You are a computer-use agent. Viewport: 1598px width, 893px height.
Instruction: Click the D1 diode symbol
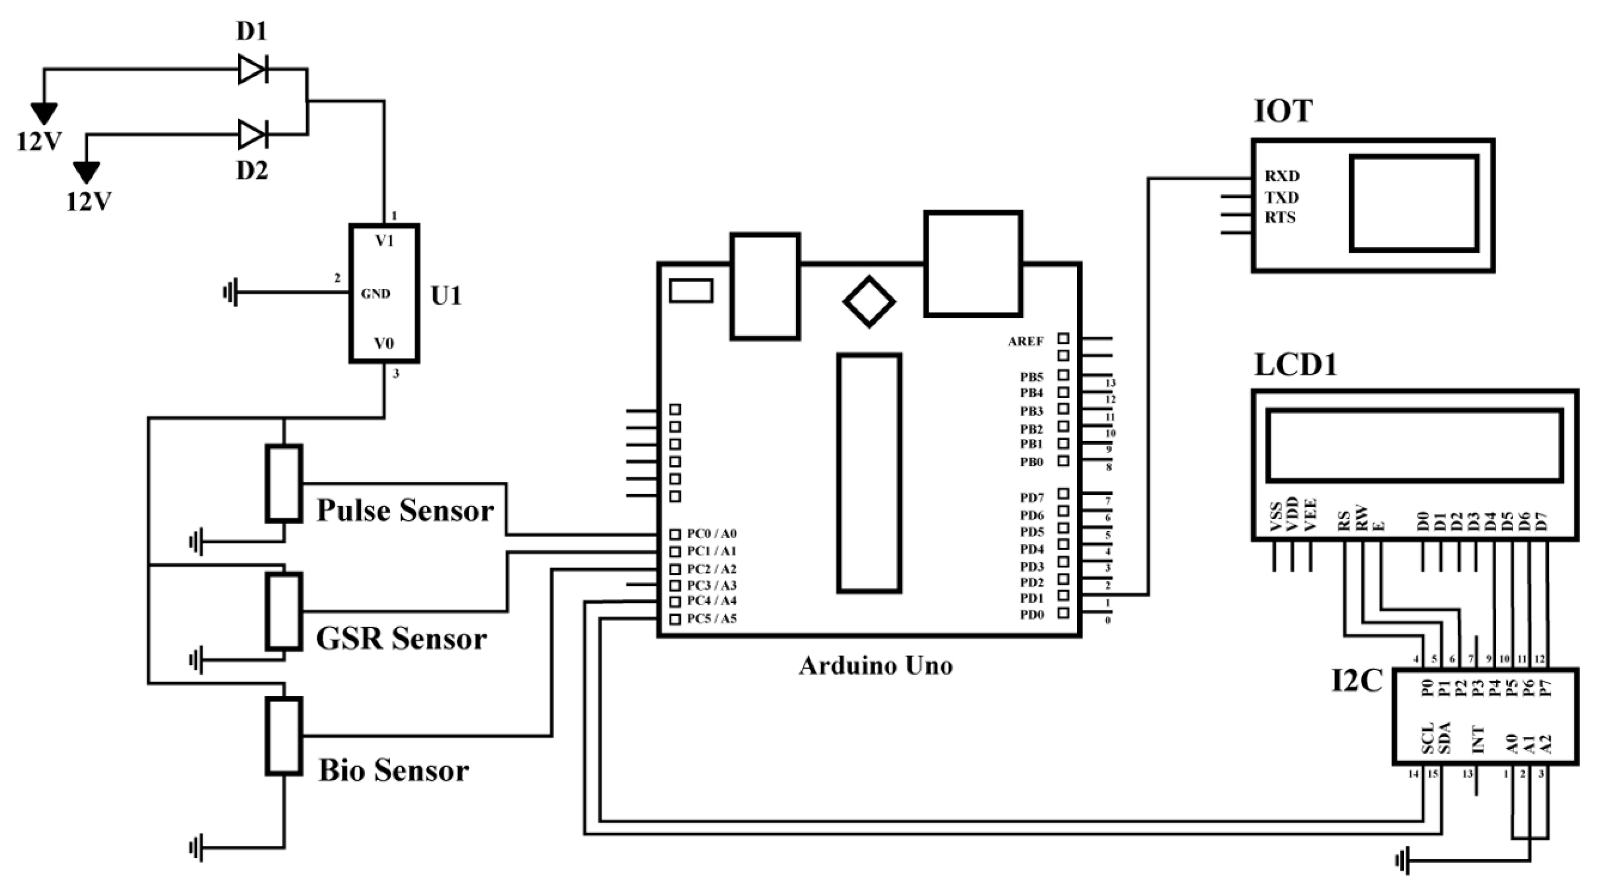tap(253, 69)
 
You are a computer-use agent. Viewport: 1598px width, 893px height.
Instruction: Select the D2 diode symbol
tap(253, 134)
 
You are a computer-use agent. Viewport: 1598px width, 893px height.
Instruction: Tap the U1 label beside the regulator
tap(446, 296)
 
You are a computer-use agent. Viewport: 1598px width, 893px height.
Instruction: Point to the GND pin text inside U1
tap(375, 294)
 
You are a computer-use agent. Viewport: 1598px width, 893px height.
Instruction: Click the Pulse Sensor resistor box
tap(284, 483)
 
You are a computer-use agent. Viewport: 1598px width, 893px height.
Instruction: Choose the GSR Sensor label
tap(401, 639)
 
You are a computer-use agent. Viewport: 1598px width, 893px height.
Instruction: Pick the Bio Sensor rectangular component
tap(284, 736)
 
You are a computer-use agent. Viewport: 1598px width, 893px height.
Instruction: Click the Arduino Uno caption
tap(876, 666)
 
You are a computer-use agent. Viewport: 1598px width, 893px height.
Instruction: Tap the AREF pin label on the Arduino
tap(1026, 341)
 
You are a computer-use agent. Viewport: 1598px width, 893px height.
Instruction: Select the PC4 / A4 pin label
tap(711, 601)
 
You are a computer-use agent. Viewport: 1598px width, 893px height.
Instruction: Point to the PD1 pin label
tap(1032, 599)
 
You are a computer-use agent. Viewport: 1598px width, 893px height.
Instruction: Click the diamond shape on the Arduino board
tap(868, 302)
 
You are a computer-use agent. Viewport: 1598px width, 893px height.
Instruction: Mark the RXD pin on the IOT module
tap(1282, 176)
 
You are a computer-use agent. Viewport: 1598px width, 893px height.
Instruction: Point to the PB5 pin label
tap(1032, 376)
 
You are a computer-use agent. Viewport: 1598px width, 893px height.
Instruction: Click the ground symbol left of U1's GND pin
tap(230, 293)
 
